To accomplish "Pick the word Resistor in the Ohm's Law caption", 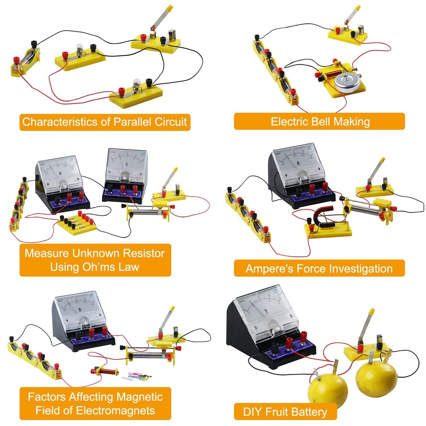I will pyautogui.click(x=143, y=253).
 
